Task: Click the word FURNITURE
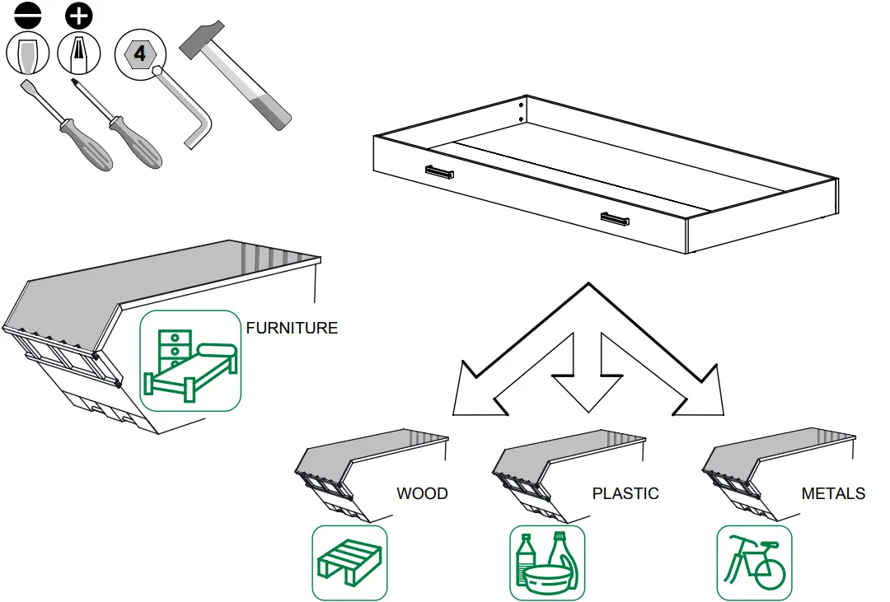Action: [x=292, y=328]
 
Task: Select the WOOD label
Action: [x=422, y=494]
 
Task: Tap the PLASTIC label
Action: [x=625, y=494]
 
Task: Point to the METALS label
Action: [x=833, y=494]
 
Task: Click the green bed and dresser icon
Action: [x=190, y=361]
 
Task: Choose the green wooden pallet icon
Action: [x=349, y=562]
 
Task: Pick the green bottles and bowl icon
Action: [x=547, y=562]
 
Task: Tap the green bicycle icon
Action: [x=754, y=562]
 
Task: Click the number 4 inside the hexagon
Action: [x=140, y=55]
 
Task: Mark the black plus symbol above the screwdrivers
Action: [x=79, y=15]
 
